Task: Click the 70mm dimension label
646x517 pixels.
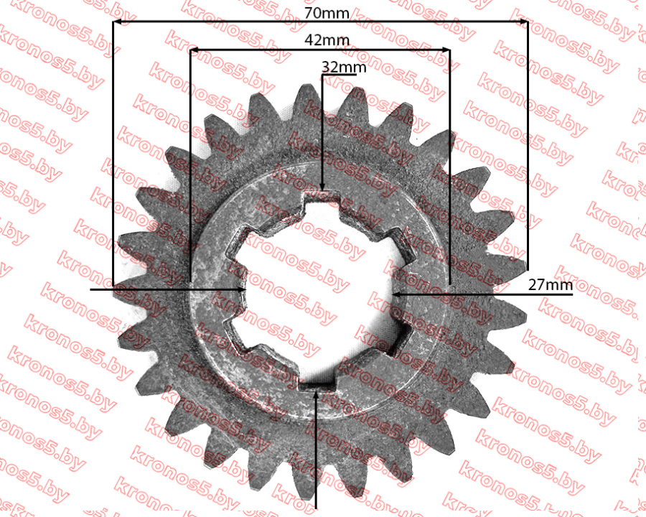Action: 327,13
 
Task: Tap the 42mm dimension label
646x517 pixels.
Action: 327,40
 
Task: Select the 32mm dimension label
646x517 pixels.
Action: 344,67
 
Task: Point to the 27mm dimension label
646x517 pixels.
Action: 550,285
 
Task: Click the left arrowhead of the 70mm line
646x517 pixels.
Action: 116,22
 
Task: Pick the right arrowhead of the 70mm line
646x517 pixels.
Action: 524,22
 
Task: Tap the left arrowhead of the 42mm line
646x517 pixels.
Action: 194,50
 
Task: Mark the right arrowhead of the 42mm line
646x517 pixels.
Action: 446,50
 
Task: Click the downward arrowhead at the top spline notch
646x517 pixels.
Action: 322,187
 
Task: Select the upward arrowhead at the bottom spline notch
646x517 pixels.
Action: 316,395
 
